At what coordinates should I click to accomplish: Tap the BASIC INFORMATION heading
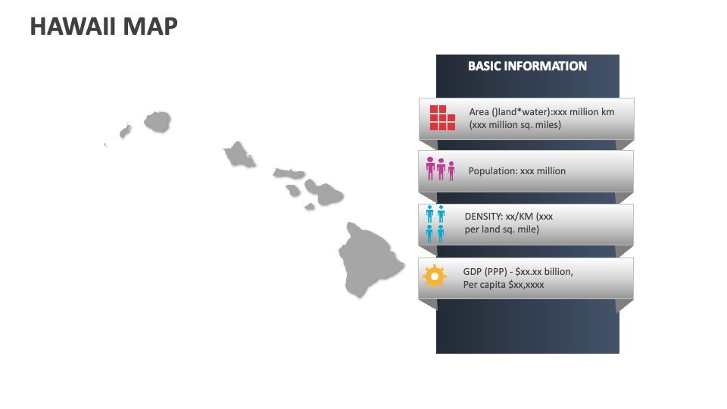click(x=527, y=66)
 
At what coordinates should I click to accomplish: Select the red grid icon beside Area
click(x=442, y=118)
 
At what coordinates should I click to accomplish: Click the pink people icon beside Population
click(x=440, y=169)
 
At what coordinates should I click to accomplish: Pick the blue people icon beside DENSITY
click(x=435, y=223)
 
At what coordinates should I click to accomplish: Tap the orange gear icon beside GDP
click(x=434, y=276)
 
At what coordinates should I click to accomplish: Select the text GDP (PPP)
click(x=485, y=271)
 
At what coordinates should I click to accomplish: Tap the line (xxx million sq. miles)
click(x=515, y=125)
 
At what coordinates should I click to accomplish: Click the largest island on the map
click(x=366, y=258)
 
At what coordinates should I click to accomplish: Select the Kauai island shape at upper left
click(x=157, y=121)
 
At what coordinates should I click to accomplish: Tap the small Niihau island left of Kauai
click(x=125, y=132)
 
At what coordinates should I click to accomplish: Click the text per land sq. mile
click(x=502, y=229)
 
